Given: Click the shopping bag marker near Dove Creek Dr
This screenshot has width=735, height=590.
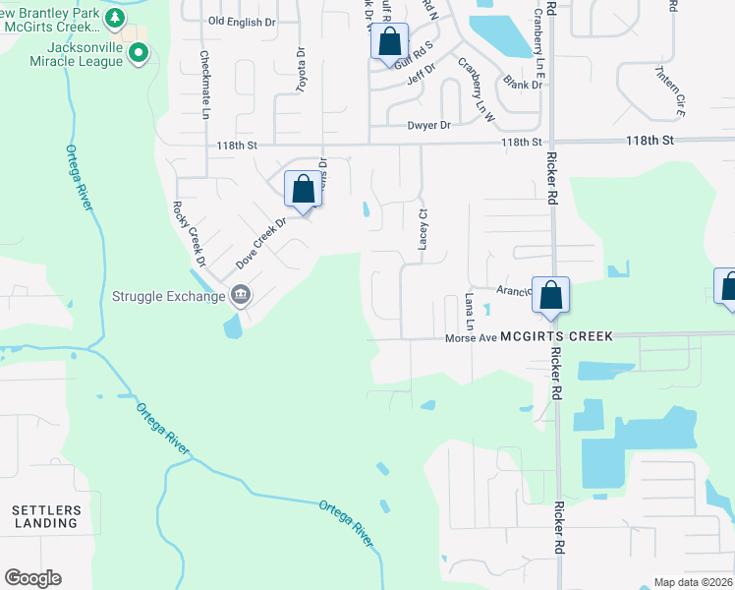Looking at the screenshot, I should [x=303, y=190].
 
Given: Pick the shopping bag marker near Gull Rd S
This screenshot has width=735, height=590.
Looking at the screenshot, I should [x=389, y=43].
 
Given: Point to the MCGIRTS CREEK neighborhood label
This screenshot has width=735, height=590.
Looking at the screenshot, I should [x=556, y=336].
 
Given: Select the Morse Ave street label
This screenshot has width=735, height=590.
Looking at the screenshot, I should [x=471, y=337].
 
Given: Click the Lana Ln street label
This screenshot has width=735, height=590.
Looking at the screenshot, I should [x=470, y=311].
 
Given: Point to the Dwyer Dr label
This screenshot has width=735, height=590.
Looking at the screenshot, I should [x=428, y=126].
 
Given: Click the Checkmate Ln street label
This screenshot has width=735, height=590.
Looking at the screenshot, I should [x=205, y=86].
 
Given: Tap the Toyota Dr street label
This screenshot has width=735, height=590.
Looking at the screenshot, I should [x=302, y=70].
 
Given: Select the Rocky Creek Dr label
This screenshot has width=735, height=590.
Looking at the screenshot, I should [x=189, y=234].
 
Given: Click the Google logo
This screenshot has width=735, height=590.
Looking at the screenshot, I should [x=32, y=578].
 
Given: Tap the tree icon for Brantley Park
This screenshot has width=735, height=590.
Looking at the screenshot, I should [x=115, y=18].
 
